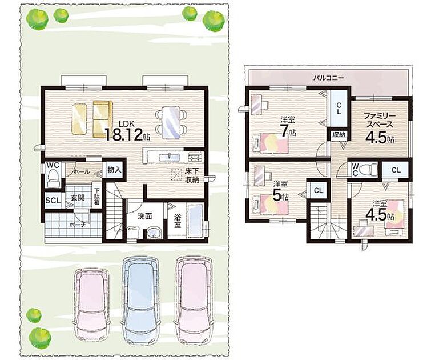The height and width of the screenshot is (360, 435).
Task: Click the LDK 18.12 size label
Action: pos(127,131)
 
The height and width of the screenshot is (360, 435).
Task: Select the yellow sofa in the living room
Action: pos(102,119)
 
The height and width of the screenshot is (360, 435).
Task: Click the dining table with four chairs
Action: pos(171,122)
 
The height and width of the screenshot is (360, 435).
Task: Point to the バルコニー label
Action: pos(328,78)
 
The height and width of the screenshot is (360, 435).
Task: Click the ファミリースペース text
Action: pos(380,120)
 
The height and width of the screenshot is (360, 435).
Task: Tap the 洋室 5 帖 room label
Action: pos(280,192)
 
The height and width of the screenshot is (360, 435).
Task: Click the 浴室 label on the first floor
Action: pos(178,221)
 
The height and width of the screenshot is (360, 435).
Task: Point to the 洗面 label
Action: pos(145,216)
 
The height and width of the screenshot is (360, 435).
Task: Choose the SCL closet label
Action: pos(53,200)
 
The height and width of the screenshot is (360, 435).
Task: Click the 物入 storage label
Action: pos(114,170)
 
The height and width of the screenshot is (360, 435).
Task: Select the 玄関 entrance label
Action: pos(78,198)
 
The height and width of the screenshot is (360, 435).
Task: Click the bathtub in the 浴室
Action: pos(195,221)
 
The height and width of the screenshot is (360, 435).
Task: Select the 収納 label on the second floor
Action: pos(339,135)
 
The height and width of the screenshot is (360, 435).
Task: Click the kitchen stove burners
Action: pos(196,157)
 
